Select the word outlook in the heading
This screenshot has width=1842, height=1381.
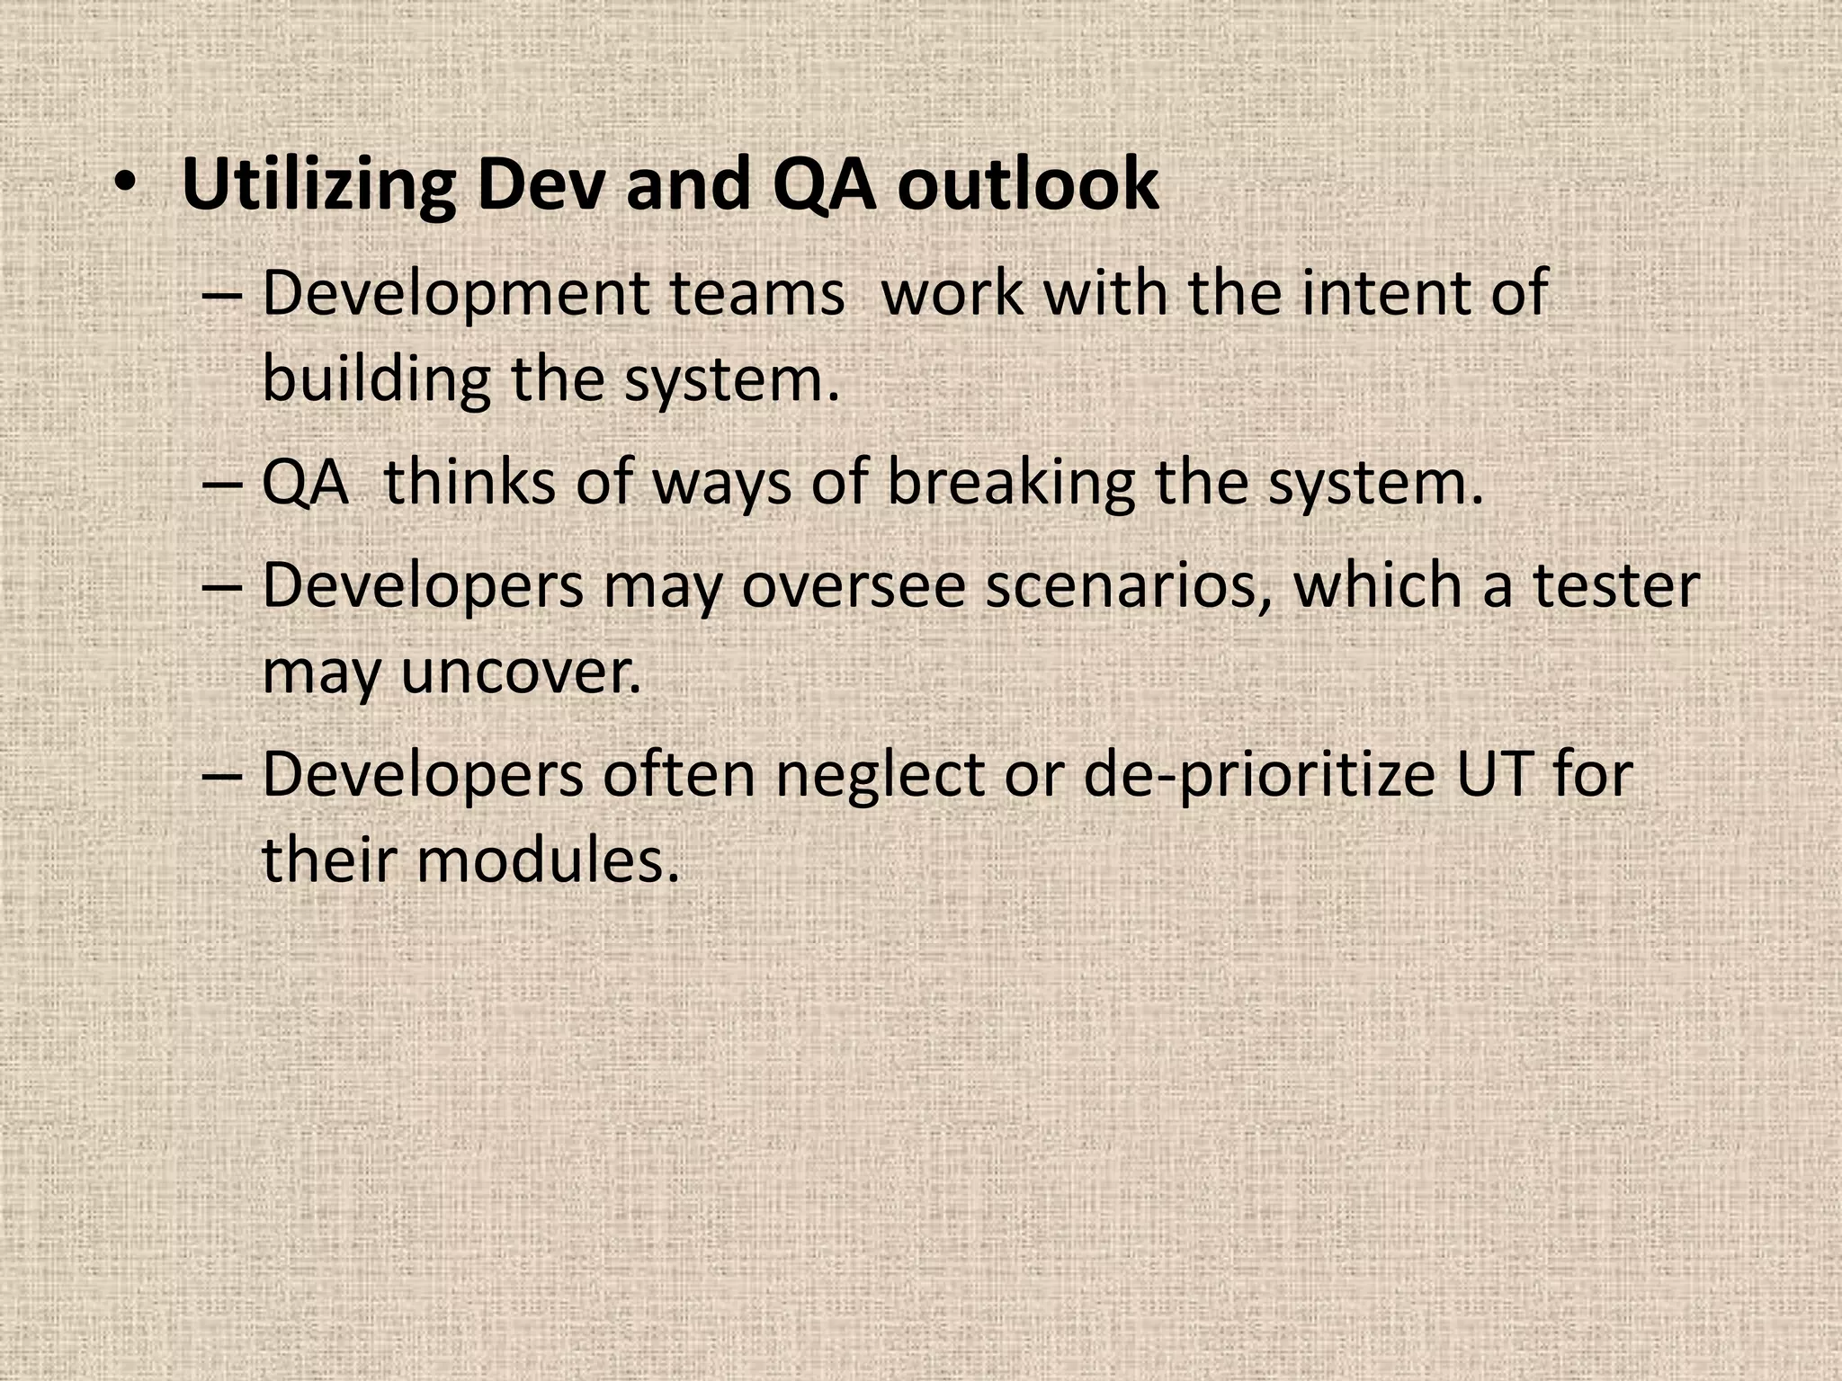tap(1028, 184)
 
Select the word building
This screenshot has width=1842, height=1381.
tap(376, 379)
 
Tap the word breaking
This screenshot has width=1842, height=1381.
tap(1011, 484)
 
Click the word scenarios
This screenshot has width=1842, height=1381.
tap(1129, 585)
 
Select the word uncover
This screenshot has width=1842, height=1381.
tap(521, 672)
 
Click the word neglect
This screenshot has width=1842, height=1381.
tap(880, 775)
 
